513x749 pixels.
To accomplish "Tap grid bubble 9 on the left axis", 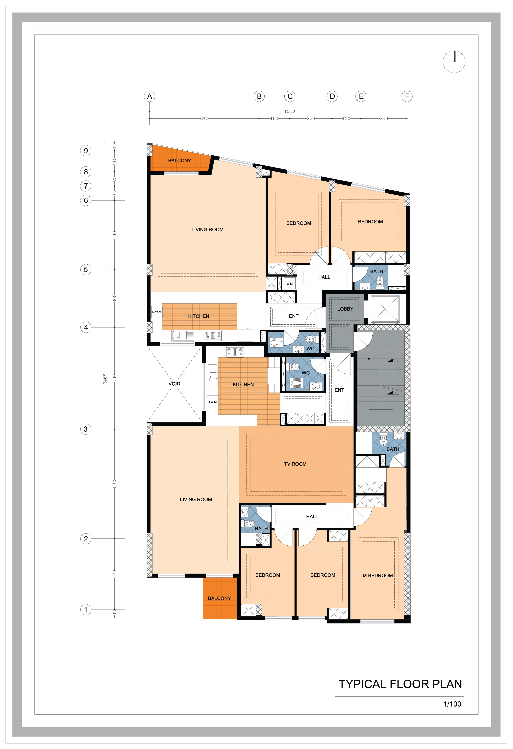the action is coord(86,151).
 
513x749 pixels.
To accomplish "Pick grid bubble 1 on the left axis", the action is coord(86,609).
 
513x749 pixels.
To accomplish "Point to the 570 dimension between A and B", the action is coord(204,119).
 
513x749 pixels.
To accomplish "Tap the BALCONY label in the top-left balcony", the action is coord(180,160).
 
